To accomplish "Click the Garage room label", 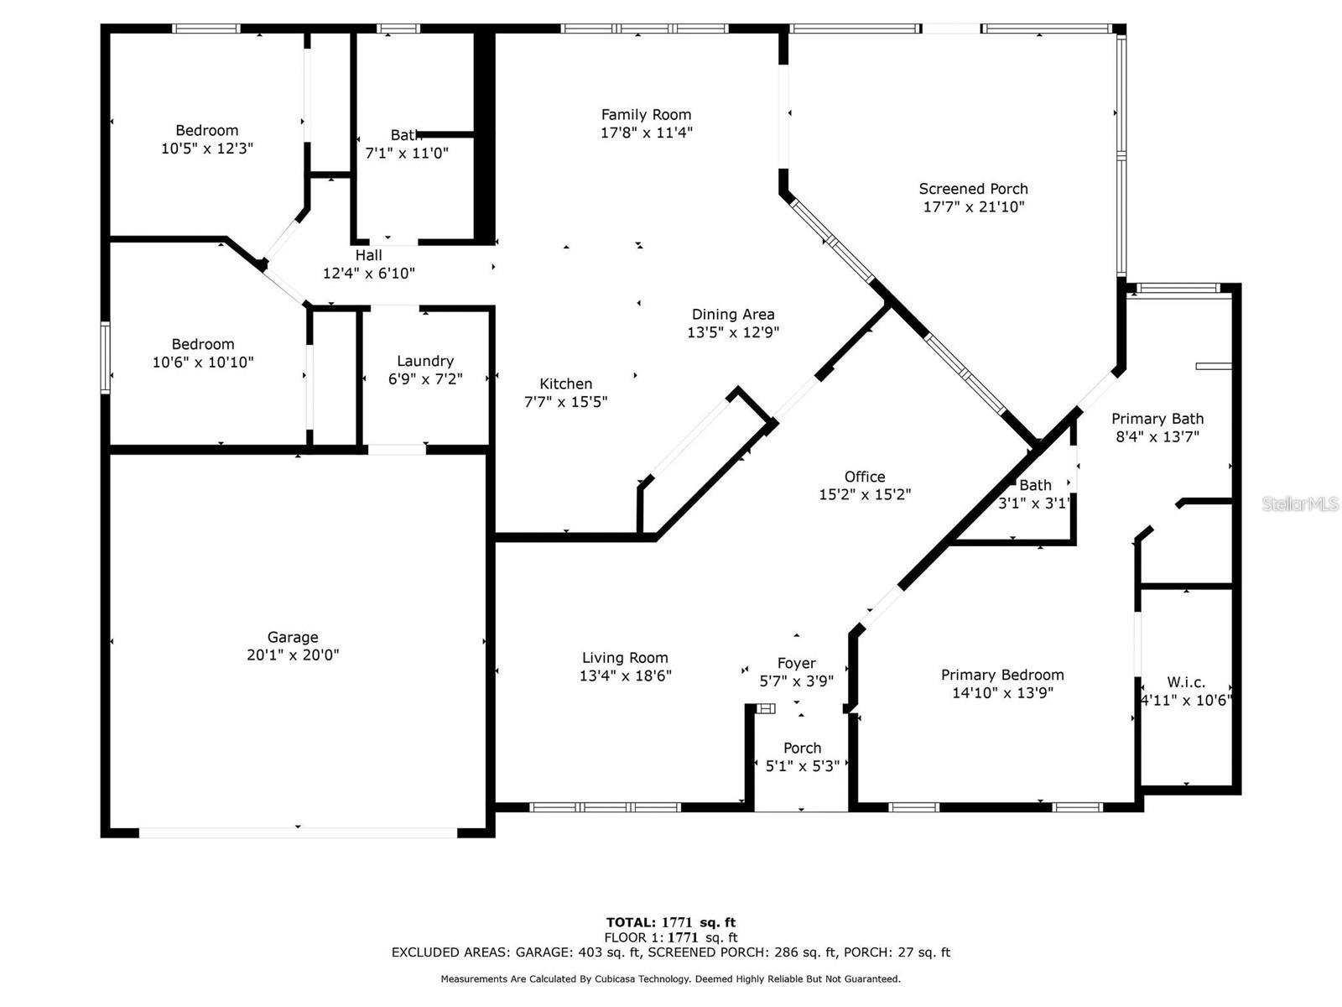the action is point(292,637).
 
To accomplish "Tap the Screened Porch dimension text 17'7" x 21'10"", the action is point(973,206).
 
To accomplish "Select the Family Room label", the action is point(646,114).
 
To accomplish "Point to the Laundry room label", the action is point(425,362).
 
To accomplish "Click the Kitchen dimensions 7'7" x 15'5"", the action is point(565,402).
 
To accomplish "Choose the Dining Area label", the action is point(733,314).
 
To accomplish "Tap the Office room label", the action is point(865,477).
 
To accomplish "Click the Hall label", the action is point(369,255).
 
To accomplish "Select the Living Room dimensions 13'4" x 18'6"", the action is point(626,676).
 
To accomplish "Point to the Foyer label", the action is point(797,664).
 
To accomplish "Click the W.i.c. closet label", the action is point(1186,681).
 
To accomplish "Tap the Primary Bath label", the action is point(1157,419).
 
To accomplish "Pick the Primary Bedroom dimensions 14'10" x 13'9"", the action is point(1002,693).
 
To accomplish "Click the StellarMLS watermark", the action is point(1300,503).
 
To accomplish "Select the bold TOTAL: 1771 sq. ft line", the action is point(671,922).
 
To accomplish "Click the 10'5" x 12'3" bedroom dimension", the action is point(207,148).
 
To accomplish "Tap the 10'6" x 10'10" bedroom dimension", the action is point(203,362).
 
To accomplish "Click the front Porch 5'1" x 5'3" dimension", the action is point(802,766).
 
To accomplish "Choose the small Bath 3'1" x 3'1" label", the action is point(1035,494).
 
